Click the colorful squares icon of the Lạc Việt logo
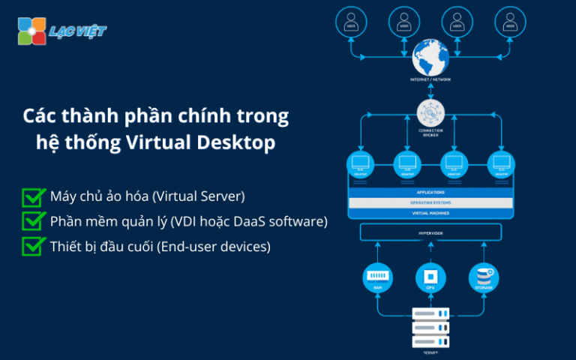click(31, 31)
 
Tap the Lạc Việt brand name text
click(77, 31)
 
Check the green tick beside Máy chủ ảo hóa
click(33, 197)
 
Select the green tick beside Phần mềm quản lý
click(33, 221)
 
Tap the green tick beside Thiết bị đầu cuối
click(33, 246)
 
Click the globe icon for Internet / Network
click(430, 57)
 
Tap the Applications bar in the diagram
click(430, 193)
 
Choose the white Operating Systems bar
click(430, 203)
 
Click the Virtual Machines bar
click(430, 214)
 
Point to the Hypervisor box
click(430, 233)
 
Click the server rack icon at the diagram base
click(430, 328)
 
